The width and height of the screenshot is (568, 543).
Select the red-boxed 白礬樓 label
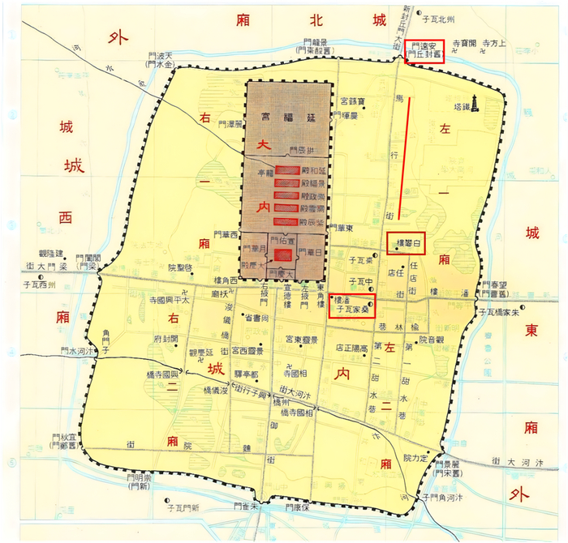click(x=408, y=242)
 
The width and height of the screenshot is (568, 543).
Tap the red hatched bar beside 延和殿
click(x=286, y=171)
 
